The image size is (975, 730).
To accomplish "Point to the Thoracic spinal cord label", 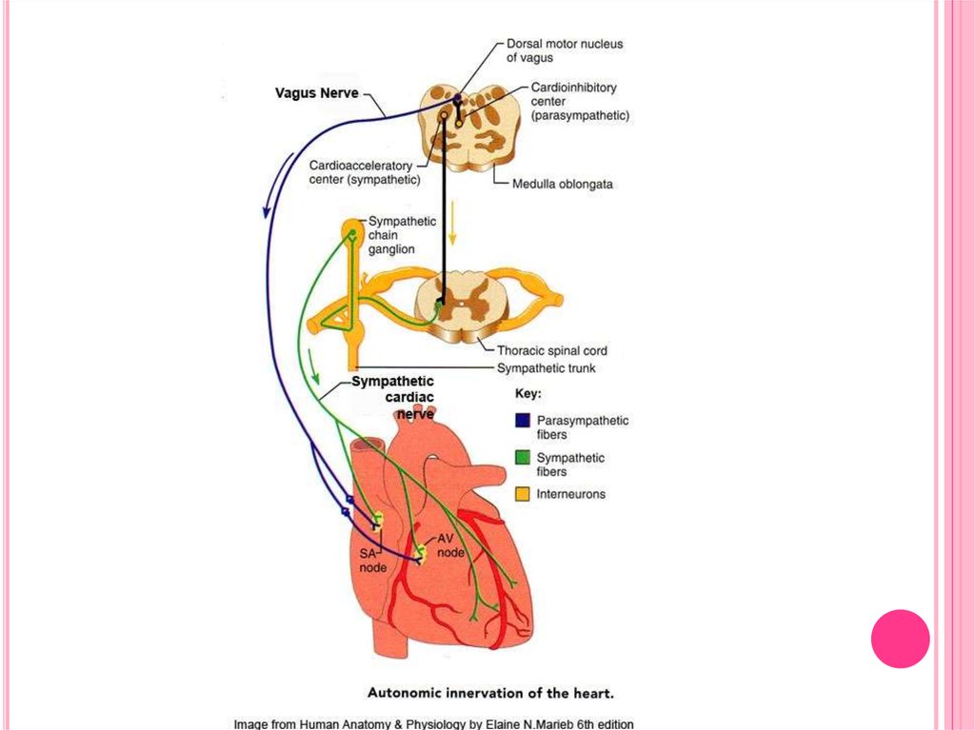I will coord(551,350).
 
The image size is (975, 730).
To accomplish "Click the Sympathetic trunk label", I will coord(547,367).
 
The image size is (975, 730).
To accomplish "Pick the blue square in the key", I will coord(522,421).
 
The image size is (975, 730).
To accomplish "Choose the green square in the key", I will coord(522,458).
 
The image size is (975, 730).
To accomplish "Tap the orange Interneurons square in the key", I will coord(522,494).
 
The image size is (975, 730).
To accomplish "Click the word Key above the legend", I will coord(527,393).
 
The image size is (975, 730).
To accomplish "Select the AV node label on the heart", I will coord(450,546).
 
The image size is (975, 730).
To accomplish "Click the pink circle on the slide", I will coord(900,639).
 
